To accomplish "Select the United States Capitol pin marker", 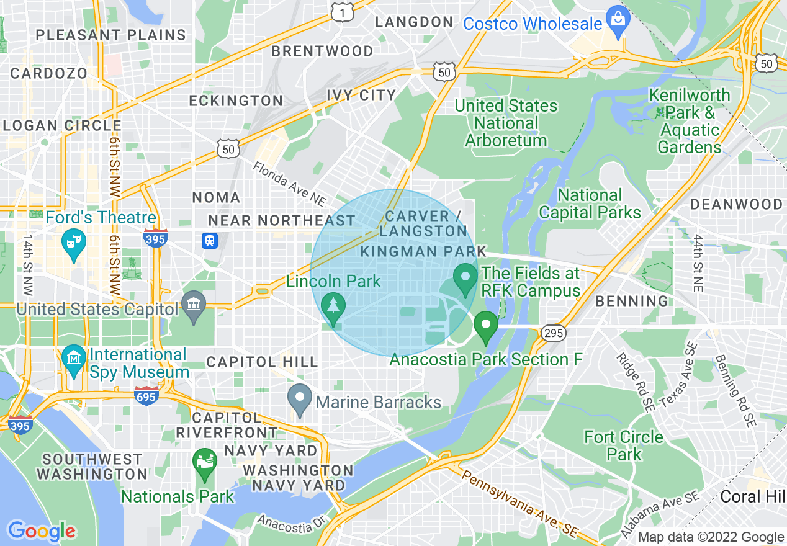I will click(x=194, y=305).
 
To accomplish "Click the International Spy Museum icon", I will click(x=74, y=359).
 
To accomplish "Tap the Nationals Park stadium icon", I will click(x=205, y=462).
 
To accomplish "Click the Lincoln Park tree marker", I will click(x=335, y=307).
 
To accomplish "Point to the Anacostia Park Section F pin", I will click(x=486, y=325).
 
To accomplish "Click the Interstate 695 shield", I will click(x=146, y=395).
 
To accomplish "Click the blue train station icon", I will click(x=210, y=241).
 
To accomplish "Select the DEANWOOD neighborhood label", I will click(x=736, y=204).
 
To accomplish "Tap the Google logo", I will click(x=42, y=531).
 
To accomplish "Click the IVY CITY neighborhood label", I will click(x=361, y=95).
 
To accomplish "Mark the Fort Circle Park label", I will click(x=624, y=445).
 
